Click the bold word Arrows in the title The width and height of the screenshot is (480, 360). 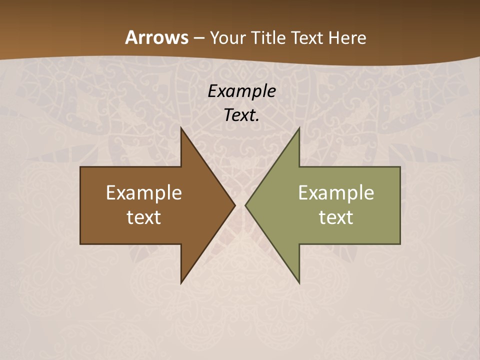tap(156, 37)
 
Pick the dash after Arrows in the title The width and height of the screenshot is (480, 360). tap(198, 38)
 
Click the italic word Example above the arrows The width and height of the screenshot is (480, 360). tap(241, 91)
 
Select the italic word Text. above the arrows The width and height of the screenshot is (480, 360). tap(241, 115)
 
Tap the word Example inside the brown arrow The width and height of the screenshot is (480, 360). tap(144, 192)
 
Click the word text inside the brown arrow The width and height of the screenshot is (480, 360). tap(144, 217)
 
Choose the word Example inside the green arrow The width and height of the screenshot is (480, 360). tap(336, 192)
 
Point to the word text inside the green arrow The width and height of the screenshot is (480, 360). tap(336, 217)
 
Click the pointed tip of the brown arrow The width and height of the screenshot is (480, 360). tap(234, 205)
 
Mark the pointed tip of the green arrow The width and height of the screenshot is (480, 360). tap(245, 205)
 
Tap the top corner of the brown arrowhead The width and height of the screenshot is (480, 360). tap(181, 128)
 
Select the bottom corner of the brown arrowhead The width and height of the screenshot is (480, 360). tap(181, 282)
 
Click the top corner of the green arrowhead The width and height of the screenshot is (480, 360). tap(299, 128)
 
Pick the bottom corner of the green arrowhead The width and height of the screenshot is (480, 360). tap(299, 282)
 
